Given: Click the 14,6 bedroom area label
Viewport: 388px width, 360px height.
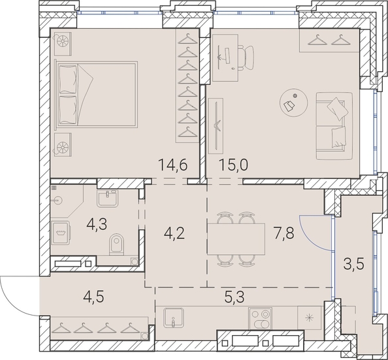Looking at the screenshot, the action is pos(173,165).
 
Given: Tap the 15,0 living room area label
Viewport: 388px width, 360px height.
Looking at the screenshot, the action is pos(233,165).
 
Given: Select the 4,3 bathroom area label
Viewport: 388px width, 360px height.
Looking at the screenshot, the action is pos(97,225).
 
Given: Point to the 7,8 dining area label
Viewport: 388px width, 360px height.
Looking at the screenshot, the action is pos(284,233).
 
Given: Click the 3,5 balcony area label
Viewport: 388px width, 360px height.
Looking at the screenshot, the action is pos(354,264).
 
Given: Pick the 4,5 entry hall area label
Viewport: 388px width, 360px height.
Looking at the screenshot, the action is pos(93,297).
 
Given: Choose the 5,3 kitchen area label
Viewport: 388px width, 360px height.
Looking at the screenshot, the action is pos(234,297).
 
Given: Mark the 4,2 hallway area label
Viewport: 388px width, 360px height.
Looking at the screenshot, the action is pos(174,233).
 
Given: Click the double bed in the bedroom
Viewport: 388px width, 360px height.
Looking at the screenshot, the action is pos(97,94).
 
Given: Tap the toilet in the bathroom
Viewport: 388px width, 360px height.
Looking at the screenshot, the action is pos(116,244).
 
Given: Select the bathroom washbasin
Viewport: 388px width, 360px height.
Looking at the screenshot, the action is pos(107,199).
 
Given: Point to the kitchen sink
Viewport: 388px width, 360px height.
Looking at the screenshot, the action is pos(174,318).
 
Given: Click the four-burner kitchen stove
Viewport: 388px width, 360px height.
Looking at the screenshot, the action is pos(260,319).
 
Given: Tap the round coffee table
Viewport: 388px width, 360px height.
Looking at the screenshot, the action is pos(294,103).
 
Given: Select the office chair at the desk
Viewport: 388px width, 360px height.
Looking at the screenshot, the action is pos(246,57).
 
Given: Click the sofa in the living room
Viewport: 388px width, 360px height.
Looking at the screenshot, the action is pos(334,126).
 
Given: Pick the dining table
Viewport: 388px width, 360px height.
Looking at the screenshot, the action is pos(236,238).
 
